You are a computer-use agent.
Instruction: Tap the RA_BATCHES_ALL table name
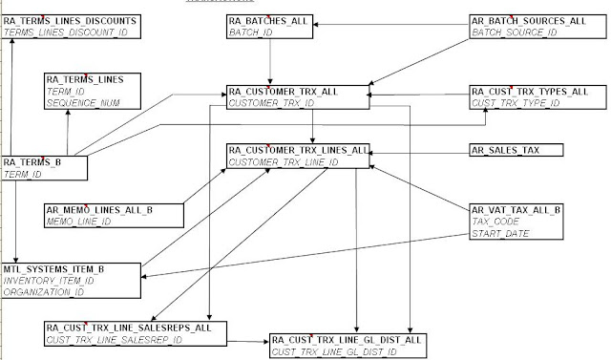(266, 20)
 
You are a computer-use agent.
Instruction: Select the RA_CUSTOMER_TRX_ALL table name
(283, 92)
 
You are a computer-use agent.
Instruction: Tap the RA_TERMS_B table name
(33, 163)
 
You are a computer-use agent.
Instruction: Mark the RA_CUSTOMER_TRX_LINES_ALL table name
(297, 151)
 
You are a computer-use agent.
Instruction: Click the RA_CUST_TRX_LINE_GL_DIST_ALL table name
(347, 340)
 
